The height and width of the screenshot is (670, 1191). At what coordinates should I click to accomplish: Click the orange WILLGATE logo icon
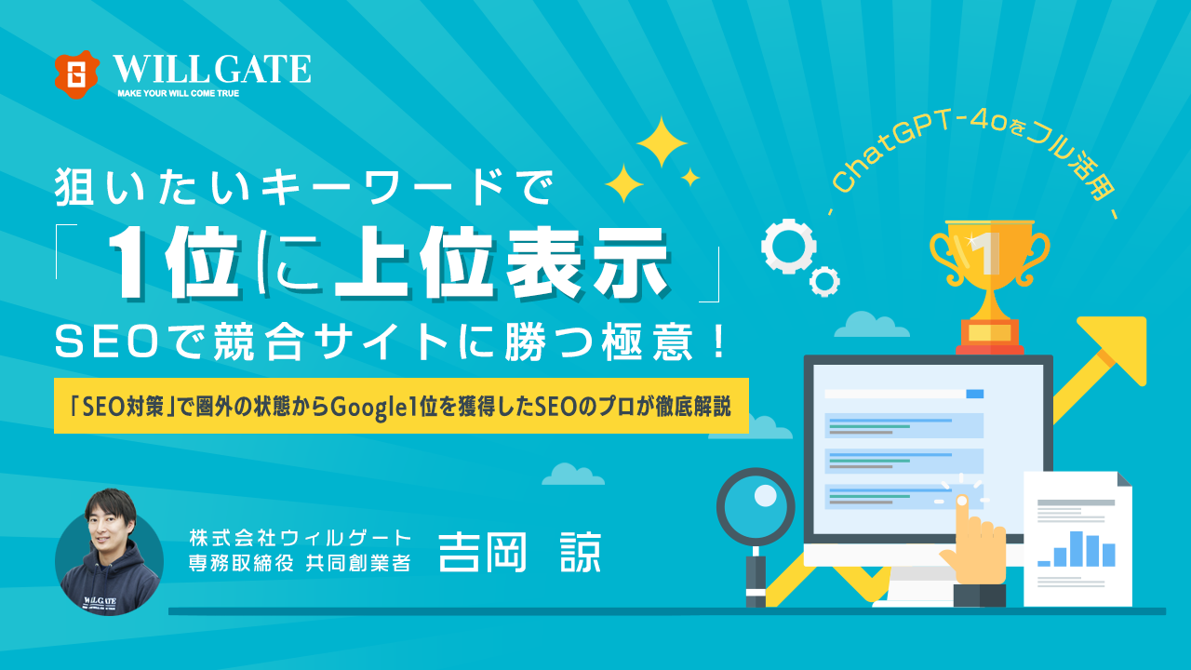click(x=77, y=74)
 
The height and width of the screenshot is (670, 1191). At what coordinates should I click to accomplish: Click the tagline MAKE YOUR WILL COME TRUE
click(x=178, y=93)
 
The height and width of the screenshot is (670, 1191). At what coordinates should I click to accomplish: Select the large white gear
click(x=788, y=247)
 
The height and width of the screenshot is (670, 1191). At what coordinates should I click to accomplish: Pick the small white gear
click(x=824, y=281)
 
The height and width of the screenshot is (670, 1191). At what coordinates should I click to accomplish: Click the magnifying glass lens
click(x=756, y=506)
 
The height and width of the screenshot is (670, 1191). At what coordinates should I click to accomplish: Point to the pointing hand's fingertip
click(x=962, y=501)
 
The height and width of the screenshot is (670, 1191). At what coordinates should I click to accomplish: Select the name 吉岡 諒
click(x=519, y=553)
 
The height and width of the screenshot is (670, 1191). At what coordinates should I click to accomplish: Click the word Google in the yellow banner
click(x=364, y=408)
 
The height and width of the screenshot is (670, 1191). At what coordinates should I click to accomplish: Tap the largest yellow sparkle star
click(x=662, y=142)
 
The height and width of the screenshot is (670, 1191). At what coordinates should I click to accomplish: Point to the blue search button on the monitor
click(x=974, y=394)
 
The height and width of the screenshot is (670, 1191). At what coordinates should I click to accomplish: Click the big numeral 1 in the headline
click(x=130, y=262)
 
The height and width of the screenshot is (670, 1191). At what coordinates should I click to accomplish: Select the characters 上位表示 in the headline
click(x=501, y=263)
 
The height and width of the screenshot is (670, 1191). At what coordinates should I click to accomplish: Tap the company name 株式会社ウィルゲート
click(x=301, y=539)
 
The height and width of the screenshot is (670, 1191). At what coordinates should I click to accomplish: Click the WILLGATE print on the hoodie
click(x=100, y=601)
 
